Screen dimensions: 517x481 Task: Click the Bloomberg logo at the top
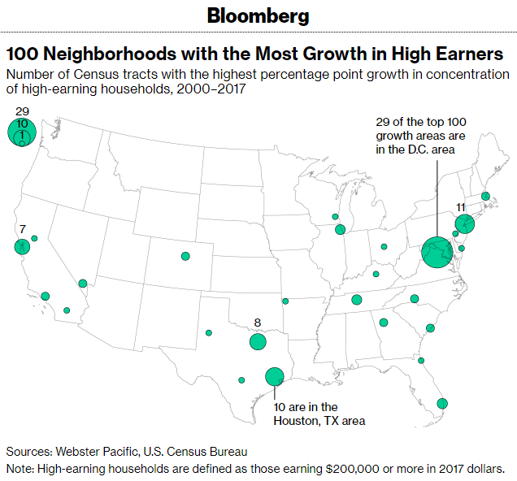tap(258, 15)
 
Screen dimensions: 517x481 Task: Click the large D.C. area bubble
tap(437, 252)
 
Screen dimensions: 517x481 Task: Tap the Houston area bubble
tap(275, 376)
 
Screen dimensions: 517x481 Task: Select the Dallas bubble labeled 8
tap(258, 341)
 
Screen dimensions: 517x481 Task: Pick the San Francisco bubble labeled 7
tap(22, 246)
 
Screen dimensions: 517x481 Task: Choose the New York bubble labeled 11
tap(465, 223)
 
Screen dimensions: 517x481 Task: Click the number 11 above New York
tap(461, 207)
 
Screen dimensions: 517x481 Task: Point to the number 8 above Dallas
tap(258, 323)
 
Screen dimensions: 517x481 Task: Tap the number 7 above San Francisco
tap(23, 229)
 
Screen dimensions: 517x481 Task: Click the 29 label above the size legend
tap(23, 111)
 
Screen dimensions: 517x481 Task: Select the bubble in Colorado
tap(185, 256)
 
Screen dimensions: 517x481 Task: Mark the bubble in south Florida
tap(442, 403)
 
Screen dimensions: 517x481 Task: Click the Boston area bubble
tap(485, 197)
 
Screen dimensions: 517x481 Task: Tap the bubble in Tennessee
tap(357, 300)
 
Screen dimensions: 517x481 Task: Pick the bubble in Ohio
tap(384, 246)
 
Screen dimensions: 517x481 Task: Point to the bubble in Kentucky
tap(376, 274)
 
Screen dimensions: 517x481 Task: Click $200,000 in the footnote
tap(352, 469)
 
